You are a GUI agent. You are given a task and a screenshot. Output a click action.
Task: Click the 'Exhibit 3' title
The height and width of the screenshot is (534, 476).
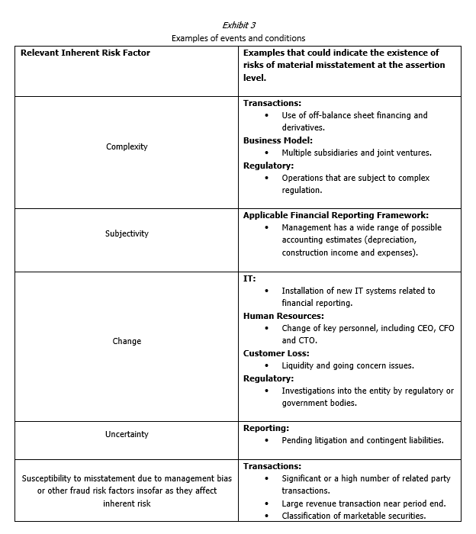click(238, 24)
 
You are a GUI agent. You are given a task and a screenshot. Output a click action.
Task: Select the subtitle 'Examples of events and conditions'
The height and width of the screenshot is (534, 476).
click(238, 37)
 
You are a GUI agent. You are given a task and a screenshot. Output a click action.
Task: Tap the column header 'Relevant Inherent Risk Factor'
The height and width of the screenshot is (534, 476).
click(85, 53)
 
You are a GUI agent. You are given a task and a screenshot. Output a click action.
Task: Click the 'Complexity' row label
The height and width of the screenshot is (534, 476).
click(127, 146)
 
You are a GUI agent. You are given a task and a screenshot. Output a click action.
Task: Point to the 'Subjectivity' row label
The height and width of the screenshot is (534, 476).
click(127, 233)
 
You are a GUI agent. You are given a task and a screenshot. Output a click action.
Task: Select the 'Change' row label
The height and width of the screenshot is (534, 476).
click(127, 341)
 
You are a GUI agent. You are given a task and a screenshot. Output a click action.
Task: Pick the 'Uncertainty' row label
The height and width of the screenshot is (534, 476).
click(127, 434)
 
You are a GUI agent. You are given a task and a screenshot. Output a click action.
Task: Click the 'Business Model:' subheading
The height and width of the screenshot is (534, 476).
click(278, 140)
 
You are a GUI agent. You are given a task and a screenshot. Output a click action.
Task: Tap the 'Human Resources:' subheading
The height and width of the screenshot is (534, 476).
click(283, 316)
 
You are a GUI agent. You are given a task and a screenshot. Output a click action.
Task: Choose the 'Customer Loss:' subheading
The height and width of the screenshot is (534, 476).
click(276, 353)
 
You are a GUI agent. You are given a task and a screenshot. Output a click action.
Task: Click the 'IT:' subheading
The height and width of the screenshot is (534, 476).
click(249, 278)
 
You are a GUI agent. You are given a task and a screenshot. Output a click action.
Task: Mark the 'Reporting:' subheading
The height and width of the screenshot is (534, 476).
click(265, 428)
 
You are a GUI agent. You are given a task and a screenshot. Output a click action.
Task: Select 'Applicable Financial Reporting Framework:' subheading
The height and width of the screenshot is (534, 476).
click(336, 215)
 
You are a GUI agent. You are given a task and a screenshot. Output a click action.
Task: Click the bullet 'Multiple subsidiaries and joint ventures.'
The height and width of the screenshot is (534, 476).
click(356, 153)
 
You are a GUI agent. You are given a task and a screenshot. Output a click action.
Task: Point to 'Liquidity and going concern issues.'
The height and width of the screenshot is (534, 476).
click(348, 365)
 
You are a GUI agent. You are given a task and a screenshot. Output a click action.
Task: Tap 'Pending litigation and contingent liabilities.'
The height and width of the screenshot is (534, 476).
click(362, 440)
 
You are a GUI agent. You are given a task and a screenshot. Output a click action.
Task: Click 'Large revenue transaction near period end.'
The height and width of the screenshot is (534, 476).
click(363, 503)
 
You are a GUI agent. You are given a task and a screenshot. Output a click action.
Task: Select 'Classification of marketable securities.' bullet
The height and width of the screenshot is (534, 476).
click(356, 516)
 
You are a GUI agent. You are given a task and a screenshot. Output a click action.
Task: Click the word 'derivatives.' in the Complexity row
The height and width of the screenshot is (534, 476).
click(303, 127)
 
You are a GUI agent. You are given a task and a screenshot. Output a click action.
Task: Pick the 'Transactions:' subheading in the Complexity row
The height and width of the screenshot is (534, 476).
click(272, 103)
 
